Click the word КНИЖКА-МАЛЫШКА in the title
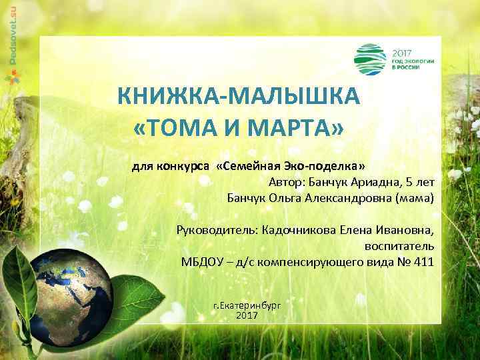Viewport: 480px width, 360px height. tap(239, 97)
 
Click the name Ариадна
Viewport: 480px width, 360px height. tap(375, 181)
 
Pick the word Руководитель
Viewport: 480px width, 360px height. tap(213, 231)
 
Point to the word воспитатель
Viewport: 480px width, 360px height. tap(399, 246)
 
